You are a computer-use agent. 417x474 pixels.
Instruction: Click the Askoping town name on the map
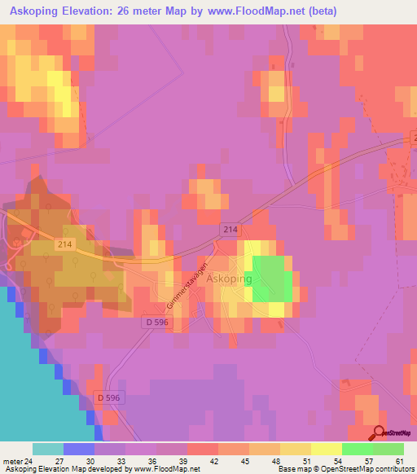point(230,279)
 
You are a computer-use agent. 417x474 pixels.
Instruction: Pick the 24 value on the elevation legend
point(29,460)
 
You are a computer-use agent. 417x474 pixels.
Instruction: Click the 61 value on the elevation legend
point(398,460)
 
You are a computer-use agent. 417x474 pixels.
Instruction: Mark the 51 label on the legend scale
point(305,460)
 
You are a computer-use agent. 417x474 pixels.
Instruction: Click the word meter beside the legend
point(11,460)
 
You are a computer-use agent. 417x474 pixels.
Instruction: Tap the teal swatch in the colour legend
point(48,449)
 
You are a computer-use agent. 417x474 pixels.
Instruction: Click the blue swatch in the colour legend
point(79,449)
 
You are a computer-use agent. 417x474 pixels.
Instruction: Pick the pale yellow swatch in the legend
point(326,449)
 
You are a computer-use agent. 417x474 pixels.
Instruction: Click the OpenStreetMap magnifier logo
point(379,432)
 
